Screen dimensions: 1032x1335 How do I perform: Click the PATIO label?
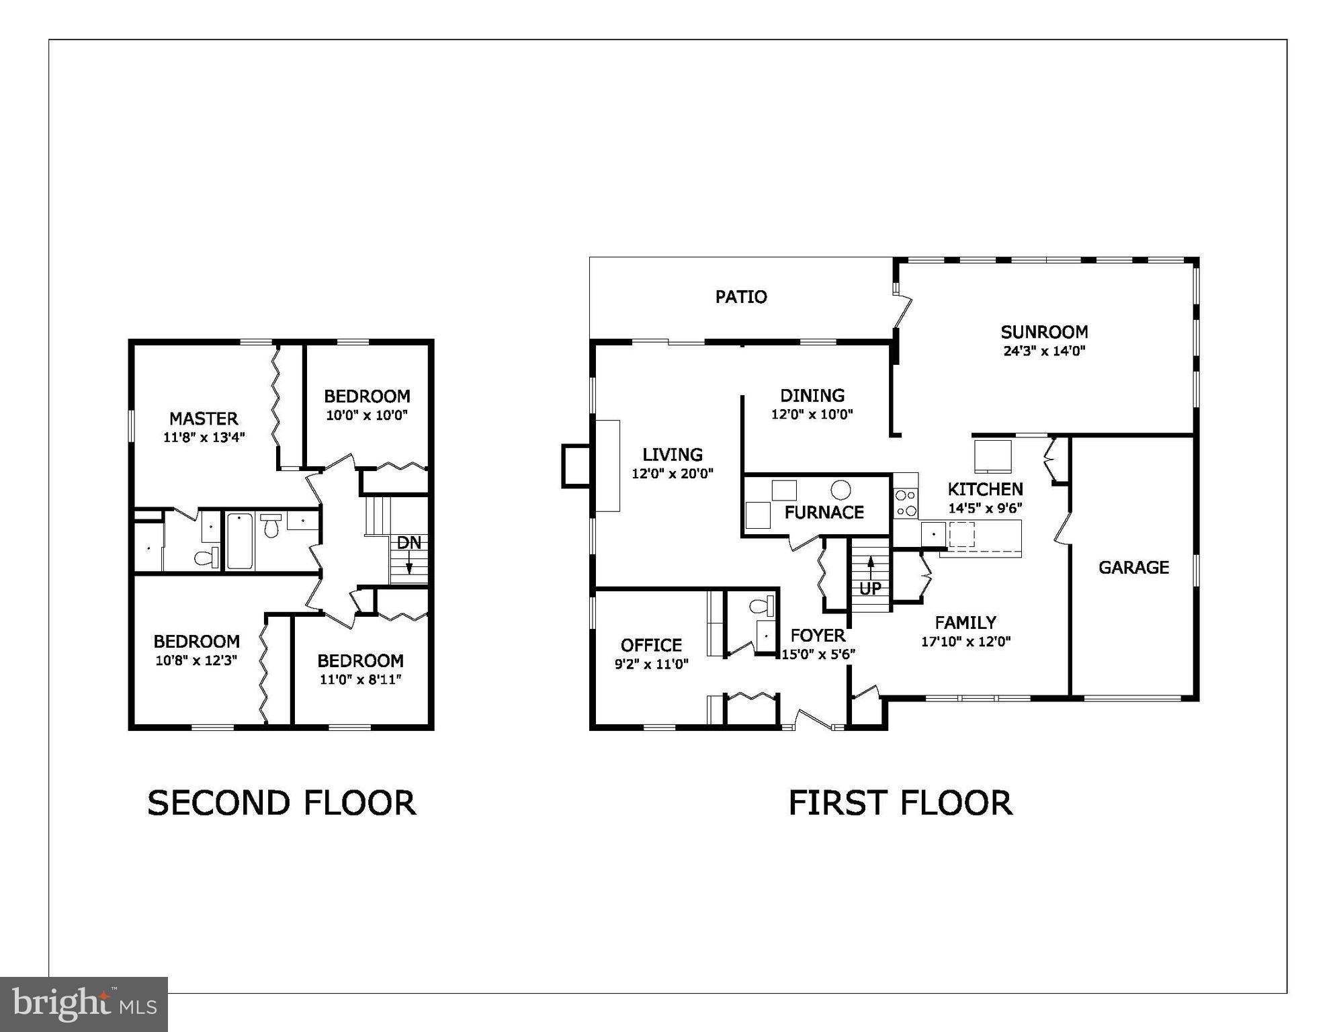point(740,297)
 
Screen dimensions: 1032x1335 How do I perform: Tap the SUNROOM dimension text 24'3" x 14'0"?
point(1044,351)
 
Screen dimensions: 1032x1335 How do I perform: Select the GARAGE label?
point(1133,568)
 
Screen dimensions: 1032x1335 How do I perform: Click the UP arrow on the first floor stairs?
point(871,567)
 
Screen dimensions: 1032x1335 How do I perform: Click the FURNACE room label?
point(824,513)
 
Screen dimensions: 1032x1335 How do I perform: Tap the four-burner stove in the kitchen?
point(906,503)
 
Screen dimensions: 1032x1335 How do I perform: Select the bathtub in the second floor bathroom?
point(239,541)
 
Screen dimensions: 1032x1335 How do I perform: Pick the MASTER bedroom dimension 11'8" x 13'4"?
point(204,437)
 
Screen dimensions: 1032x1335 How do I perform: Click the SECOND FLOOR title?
point(282,803)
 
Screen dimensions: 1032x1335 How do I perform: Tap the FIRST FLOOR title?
point(900,803)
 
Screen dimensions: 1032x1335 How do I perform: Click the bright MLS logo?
point(84,1004)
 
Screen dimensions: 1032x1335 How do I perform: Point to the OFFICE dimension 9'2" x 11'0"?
point(651,664)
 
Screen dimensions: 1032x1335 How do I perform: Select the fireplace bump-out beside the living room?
point(576,465)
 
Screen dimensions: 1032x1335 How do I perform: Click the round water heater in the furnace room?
point(840,489)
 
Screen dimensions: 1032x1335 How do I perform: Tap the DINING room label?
point(812,396)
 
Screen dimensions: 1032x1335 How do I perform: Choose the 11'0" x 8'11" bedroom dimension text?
point(360,679)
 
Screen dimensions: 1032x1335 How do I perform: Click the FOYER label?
point(818,636)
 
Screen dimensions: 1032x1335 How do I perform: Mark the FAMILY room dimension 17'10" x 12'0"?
point(965,642)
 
